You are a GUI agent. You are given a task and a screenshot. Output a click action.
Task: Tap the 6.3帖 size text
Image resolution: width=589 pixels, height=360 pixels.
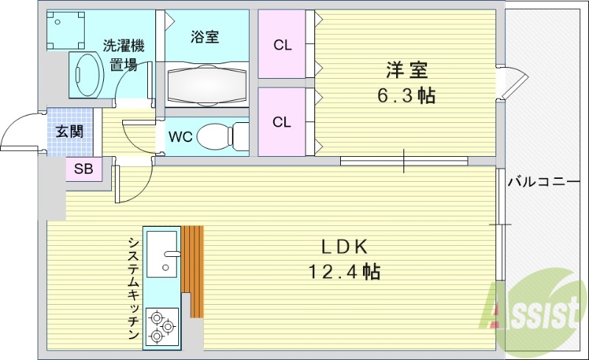coord(406,96)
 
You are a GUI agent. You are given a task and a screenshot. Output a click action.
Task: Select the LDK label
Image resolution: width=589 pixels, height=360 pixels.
coord(343,247)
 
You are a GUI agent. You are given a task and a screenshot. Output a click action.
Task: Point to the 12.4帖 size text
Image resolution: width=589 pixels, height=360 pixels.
coord(343,272)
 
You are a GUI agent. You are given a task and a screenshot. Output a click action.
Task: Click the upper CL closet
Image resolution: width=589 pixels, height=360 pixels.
coord(282,45)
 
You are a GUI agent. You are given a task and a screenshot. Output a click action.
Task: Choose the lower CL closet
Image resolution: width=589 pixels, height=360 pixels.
coord(282,122)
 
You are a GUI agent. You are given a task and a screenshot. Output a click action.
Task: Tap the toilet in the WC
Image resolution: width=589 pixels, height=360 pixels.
coord(220,135)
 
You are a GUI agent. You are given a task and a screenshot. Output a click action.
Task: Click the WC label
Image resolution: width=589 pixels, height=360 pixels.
coord(180,137)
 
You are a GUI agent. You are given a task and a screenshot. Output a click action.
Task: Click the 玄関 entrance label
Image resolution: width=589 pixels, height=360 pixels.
coord(70,132)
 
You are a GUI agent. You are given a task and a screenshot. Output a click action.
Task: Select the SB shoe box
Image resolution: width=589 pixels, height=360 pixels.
coord(83,169)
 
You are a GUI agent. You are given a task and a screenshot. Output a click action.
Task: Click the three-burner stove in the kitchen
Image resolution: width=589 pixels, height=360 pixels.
coord(162,325)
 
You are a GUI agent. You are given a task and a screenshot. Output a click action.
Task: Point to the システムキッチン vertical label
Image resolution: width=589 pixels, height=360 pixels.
coord(133,288)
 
